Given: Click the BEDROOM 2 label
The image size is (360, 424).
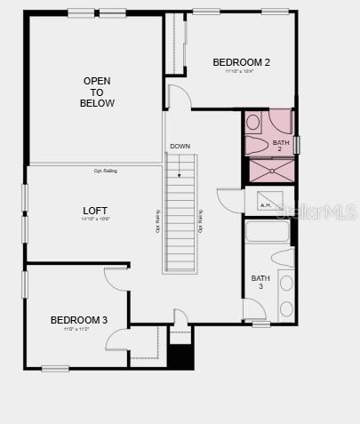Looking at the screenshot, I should click(x=241, y=62).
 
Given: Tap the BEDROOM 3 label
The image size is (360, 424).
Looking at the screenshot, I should click(x=79, y=320).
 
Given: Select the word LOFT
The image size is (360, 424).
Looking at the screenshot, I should click(x=94, y=211).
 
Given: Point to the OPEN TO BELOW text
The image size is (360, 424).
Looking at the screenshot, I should click(x=97, y=92).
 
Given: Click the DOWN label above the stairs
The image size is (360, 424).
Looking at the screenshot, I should click(x=180, y=146).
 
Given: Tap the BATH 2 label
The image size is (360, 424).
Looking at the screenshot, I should click(x=281, y=146).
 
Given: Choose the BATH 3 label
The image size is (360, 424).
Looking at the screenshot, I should click(x=260, y=282).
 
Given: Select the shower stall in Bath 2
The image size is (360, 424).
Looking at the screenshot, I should click(x=269, y=171).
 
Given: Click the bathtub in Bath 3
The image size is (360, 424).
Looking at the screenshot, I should click(x=267, y=233).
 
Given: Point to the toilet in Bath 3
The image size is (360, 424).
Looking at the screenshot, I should click(x=284, y=259).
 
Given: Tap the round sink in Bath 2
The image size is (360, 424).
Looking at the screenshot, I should click(x=253, y=122).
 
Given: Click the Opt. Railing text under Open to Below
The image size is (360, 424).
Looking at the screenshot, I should click(x=105, y=171).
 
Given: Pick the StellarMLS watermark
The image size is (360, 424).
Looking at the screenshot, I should click(x=316, y=212).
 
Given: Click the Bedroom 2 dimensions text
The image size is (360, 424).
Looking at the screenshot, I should click(x=239, y=71).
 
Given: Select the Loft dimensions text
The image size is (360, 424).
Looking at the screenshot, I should click(x=94, y=219).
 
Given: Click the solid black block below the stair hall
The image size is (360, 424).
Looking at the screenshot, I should click(x=180, y=356).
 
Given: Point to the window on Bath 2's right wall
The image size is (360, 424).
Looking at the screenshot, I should click(x=297, y=144).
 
